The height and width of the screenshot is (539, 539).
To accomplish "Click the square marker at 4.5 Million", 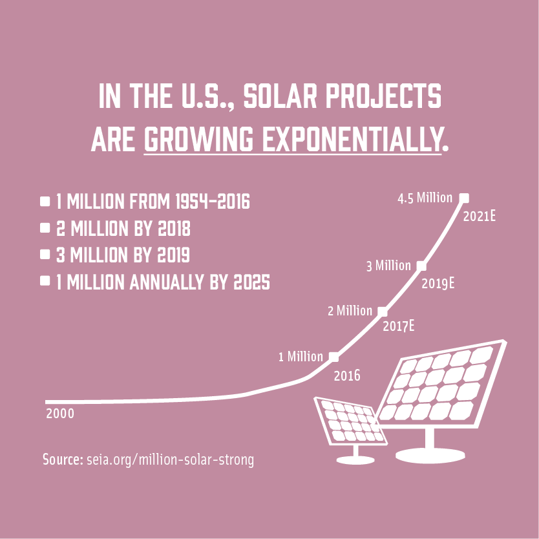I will click(463, 198).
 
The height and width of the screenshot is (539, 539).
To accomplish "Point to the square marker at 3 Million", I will click(421, 265).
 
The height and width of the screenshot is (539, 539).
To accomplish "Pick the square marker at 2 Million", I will click(383, 311).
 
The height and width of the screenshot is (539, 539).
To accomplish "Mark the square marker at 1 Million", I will click(333, 356).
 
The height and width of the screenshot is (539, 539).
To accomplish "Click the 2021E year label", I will click(480, 216).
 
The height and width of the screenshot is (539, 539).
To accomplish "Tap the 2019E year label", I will click(438, 283).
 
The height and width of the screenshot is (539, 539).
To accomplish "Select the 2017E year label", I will click(398, 326).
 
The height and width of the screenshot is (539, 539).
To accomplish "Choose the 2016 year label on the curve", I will click(346, 375).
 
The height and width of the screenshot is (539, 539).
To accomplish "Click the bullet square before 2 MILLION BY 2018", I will click(45, 229).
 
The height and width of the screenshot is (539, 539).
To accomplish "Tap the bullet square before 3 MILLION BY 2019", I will click(45, 255).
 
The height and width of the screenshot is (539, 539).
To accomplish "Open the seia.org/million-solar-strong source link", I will click(170, 460).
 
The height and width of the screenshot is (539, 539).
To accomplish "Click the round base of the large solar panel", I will click(429, 455).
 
